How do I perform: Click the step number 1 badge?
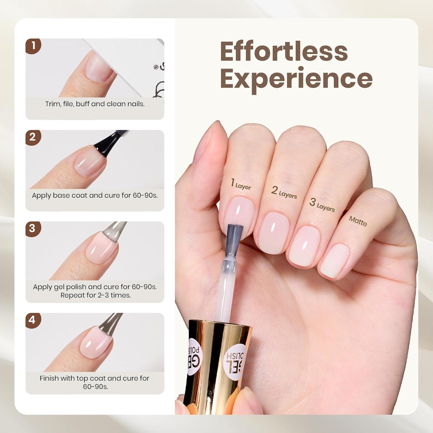pyautogui.click(x=33, y=46)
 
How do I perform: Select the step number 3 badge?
pyautogui.click(x=33, y=229)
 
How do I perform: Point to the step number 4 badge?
pyautogui.click(x=33, y=320)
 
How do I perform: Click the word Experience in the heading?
pyautogui.click(x=296, y=79)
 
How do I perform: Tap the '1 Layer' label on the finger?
pyautogui.click(x=241, y=184)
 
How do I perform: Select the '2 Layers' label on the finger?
pyautogui.click(x=284, y=193)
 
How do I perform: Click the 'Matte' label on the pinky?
pyautogui.click(x=358, y=221)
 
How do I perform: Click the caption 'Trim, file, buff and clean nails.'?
pyautogui.click(x=95, y=104)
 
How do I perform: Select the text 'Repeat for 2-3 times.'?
pyautogui.click(x=96, y=295)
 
